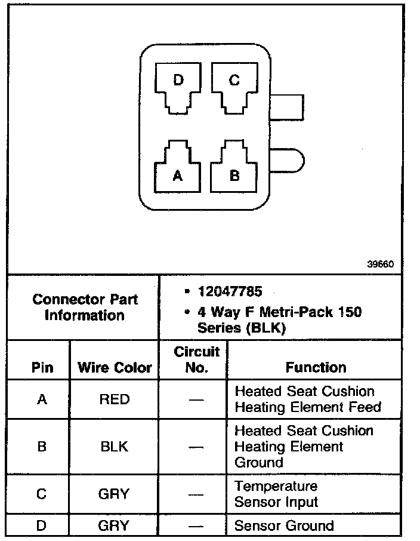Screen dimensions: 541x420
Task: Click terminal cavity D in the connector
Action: [x=178, y=87]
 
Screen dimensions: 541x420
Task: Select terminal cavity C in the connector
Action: [x=234, y=87]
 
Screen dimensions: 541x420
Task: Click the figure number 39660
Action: [x=380, y=264]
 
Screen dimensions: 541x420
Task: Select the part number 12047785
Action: [x=231, y=292]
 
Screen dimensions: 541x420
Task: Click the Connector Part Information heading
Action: [x=85, y=307]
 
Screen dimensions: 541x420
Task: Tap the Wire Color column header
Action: [x=115, y=368]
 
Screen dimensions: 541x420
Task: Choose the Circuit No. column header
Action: [x=196, y=359]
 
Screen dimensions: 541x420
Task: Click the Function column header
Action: [x=316, y=368]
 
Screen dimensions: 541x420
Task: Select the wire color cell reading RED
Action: [x=115, y=399]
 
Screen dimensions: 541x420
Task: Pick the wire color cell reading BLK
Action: [x=115, y=447]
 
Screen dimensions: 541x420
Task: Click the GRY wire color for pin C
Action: [x=115, y=494]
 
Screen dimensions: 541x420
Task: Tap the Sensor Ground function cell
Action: [x=284, y=526]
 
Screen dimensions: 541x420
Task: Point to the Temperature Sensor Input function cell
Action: [x=276, y=494]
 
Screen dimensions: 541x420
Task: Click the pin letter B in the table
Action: [x=41, y=447]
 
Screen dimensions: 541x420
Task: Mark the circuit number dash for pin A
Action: [x=196, y=399]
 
